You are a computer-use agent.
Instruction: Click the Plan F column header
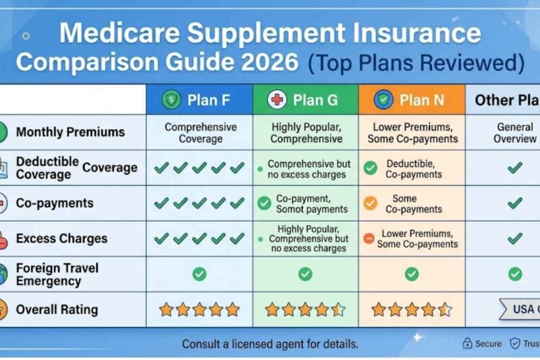click(x=200, y=101)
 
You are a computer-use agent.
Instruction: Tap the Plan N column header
click(x=412, y=101)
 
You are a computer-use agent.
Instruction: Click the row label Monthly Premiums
click(x=70, y=132)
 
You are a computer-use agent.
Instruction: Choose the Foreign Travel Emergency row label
click(x=57, y=274)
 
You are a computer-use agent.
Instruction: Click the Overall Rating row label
click(x=57, y=310)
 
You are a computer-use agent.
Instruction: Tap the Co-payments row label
click(x=55, y=203)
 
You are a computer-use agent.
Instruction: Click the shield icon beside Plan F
click(x=171, y=101)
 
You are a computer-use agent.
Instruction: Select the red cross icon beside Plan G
click(x=277, y=101)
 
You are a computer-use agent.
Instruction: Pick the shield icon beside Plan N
click(x=383, y=101)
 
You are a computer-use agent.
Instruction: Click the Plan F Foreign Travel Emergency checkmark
click(x=199, y=274)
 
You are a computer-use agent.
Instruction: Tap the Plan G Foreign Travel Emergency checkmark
click(x=306, y=274)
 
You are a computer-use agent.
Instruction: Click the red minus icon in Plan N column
click(x=369, y=238)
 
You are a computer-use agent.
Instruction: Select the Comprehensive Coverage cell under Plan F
click(x=200, y=132)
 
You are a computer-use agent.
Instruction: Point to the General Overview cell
click(x=515, y=132)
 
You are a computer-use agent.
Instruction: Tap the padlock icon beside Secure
click(x=466, y=344)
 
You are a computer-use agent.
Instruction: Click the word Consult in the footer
click(x=202, y=344)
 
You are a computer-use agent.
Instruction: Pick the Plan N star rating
click(x=412, y=310)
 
